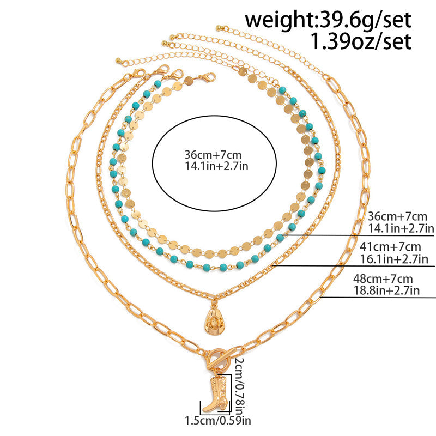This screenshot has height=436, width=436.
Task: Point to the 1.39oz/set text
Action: [x=361, y=42]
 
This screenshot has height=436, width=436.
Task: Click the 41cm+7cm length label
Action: [x=390, y=247]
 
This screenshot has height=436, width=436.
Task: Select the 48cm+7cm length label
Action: [x=383, y=278]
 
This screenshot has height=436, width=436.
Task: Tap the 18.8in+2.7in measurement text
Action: [x=386, y=290]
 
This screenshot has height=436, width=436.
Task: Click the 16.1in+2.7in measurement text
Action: [x=394, y=259]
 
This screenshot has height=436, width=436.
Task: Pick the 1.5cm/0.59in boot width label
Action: [x=218, y=420]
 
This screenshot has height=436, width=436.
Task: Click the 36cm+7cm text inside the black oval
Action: [x=213, y=155]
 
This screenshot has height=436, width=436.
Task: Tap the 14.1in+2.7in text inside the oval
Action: [x=216, y=166]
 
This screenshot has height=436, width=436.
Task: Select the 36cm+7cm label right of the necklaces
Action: [x=398, y=216]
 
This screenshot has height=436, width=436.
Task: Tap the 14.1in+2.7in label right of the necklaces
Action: [x=401, y=228]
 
